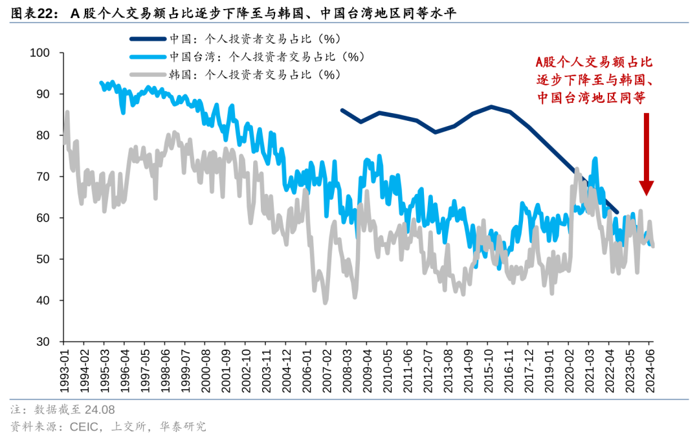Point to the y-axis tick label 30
(42, 342)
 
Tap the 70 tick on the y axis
(42, 176)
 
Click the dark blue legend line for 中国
(148, 39)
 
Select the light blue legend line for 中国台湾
(148, 56)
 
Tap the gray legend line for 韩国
(148, 74)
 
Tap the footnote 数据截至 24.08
(74, 410)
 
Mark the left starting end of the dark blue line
(342, 110)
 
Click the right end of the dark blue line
(618, 213)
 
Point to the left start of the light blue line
(100, 82)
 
